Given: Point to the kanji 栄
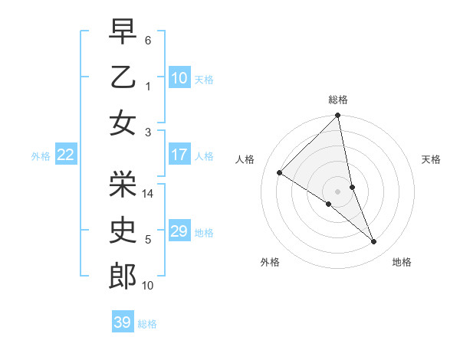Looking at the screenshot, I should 123,182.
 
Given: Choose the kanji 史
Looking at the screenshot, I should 123,230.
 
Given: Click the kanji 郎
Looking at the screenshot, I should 123,277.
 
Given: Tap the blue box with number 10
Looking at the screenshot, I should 179,77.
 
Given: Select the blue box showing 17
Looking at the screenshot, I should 179,155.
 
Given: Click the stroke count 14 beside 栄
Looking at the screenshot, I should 149,194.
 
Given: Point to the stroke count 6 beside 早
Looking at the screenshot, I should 148,38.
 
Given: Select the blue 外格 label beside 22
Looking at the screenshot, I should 41,156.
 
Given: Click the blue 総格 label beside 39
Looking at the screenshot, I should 147,324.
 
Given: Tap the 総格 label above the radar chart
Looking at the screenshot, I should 338,100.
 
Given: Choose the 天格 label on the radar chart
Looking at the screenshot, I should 432,159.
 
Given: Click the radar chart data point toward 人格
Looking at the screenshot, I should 280,173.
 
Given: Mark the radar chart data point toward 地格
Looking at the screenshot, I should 374,242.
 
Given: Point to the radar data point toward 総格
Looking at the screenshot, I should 338,116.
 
